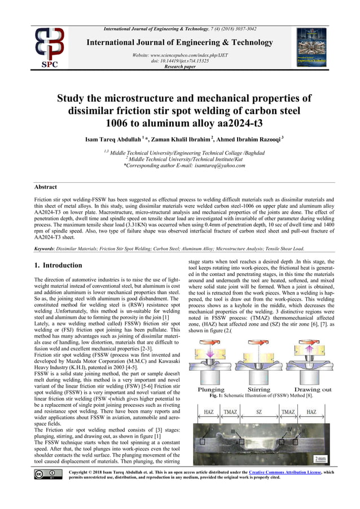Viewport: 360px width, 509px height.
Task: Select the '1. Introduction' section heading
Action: pos(58,265)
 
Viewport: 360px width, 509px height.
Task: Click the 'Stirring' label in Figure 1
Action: pos(259,390)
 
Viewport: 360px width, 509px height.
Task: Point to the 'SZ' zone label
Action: pos(259,413)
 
